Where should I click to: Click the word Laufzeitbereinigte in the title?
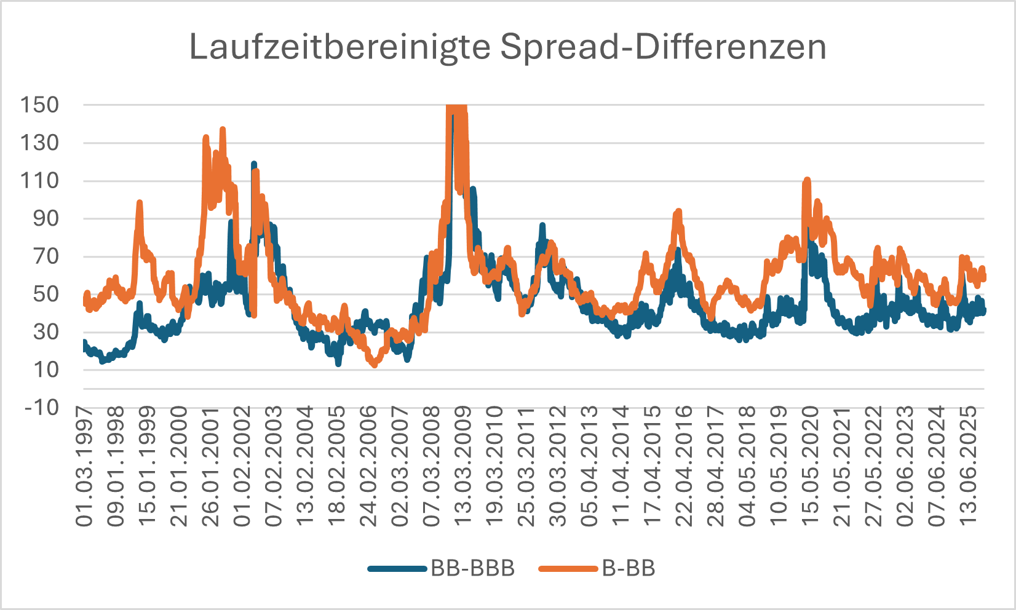tap(339, 47)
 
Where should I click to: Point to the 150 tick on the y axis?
tap(40, 105)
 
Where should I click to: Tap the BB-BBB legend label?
tap(472, 568)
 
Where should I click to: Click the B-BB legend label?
tap(629, 568)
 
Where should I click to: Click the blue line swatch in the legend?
tap(397, 569)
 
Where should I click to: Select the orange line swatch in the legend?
tap(568, 569)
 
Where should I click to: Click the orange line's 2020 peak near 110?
tap(807, 180)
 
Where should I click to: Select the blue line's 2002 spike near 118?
tap(253, 164)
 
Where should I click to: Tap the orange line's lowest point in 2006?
tap(374, 365)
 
